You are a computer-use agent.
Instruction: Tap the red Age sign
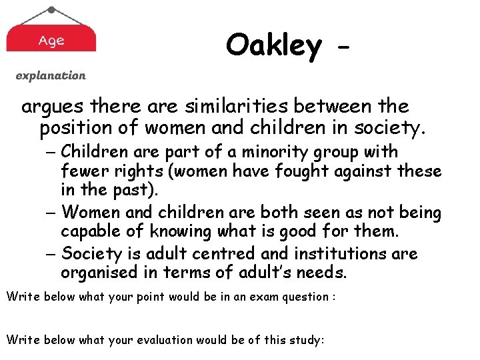pos(51,40)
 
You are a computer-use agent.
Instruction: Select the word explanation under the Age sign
pos(51,76)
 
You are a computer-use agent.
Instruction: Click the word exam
pos(257,297)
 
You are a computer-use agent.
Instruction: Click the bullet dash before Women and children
pos(53,213)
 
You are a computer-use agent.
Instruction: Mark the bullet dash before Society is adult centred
pos(53,254)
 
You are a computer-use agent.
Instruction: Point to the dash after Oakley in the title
pos(344,48)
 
